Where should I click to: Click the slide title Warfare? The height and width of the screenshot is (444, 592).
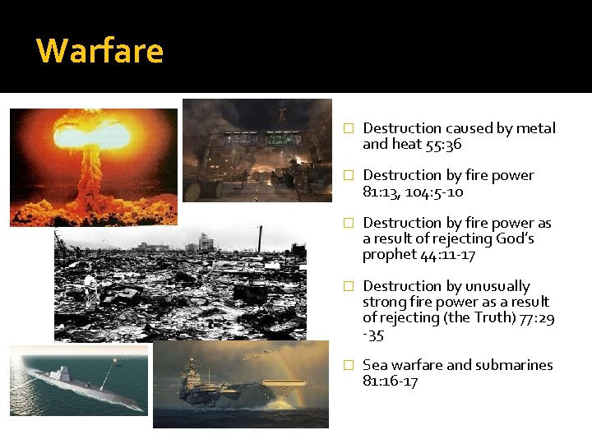click(x=100, y=51)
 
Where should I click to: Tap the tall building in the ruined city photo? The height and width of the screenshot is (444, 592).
click(x=205, y=243)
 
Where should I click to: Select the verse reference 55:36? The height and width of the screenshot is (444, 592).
click(x=444, y=144)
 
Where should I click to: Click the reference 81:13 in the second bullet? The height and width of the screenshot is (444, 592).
click(x=380, y=192)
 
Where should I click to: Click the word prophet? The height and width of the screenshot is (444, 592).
click(x=389, y=255)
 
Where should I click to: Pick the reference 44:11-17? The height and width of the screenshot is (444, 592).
click(x=446, y=255)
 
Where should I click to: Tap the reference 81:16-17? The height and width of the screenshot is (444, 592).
click(x=391, y=382)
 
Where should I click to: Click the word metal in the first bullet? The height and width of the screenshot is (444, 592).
click(x=537, y=128)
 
